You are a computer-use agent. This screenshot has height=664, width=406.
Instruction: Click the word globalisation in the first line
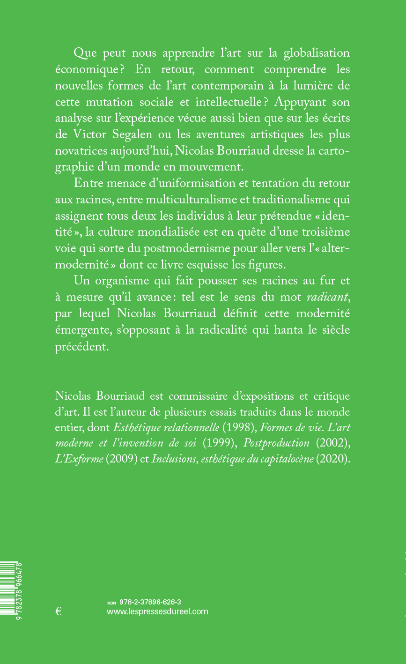pyautogui.click(x=317, y=52)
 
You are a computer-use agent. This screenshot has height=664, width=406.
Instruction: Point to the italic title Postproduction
pyautogui.click(x=276, y=443)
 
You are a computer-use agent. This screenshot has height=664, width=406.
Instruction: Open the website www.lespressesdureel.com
pyautogui.click(x=157, y=611)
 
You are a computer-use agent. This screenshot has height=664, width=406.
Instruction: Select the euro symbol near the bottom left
pyautogui.click(x=59, y=611)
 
